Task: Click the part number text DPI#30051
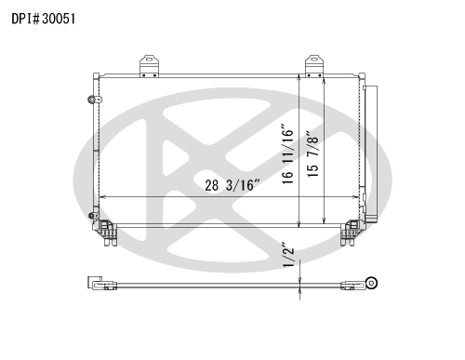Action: [x=44, y=19]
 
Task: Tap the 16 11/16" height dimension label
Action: [x=287, y=154]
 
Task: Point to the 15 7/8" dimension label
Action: [x=312, y=154]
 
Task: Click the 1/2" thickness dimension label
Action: [x=288, y=255]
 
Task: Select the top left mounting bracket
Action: [x=149, y=66]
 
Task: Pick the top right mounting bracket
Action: [x=314, y=66]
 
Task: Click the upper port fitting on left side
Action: [x=94, y=100]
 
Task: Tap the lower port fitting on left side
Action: [x=93, y=216]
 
